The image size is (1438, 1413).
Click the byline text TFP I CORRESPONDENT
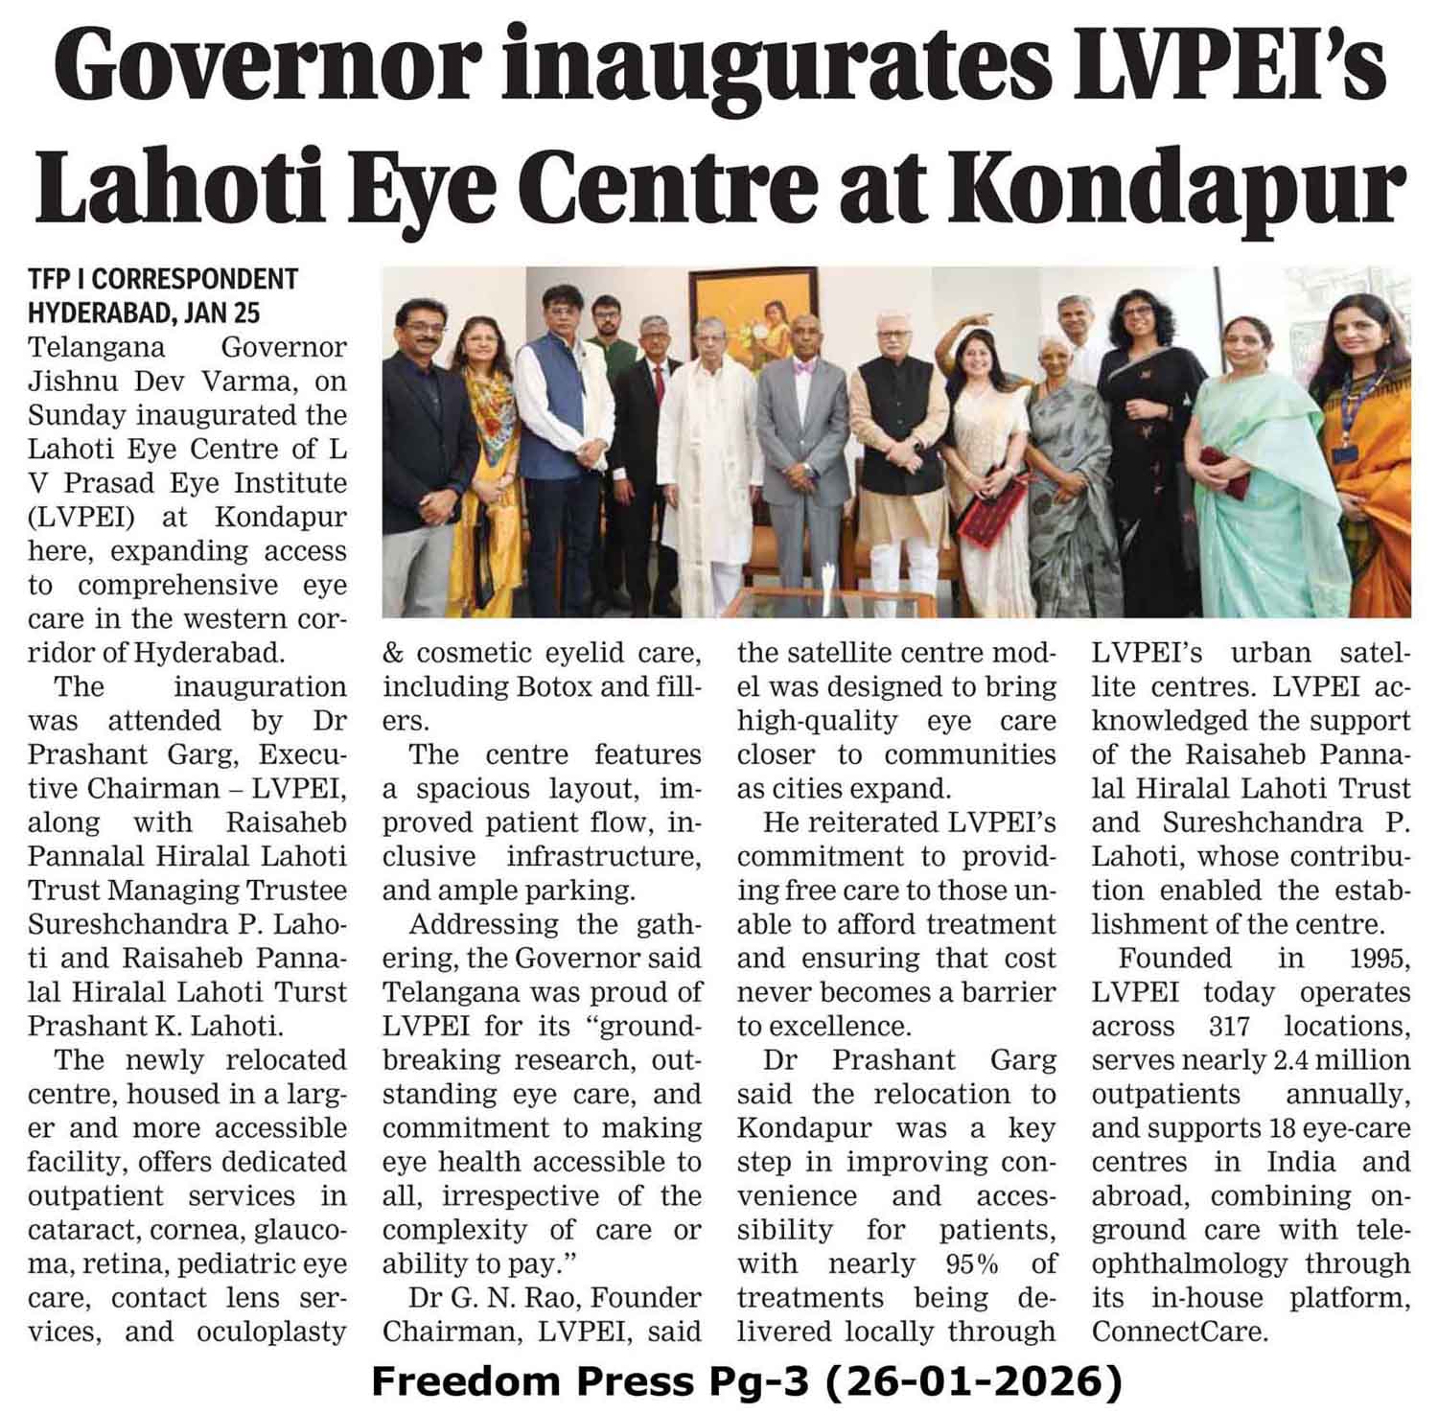coord(163,279)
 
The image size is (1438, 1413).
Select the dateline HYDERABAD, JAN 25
coord(144,313)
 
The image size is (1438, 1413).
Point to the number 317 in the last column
coord(1229,1026)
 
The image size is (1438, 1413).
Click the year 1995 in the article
coord(1379,958)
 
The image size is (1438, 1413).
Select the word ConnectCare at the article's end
coord(1179,1332)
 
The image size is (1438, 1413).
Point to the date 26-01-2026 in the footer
coord(973,1382)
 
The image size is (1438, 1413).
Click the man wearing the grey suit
coord(803,451)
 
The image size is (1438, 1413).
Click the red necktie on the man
coord(658,383)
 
